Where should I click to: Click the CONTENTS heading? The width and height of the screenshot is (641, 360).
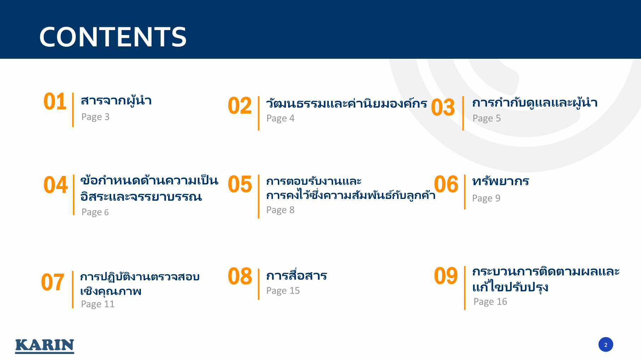113,37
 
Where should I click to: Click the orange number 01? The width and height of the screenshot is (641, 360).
55,102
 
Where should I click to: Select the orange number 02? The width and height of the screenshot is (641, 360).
240,105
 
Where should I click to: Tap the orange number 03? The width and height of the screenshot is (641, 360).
443,107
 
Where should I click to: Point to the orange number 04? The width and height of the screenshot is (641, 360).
56,185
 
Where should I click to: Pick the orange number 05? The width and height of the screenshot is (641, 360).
240,184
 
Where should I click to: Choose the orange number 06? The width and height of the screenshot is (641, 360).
446,184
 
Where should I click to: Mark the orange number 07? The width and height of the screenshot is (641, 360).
53,282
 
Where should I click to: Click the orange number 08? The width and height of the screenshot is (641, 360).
240,276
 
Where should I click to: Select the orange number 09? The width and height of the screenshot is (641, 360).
446,276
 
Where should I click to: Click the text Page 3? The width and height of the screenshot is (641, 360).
95,117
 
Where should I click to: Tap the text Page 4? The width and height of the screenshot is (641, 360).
280,119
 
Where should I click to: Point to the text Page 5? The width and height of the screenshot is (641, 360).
487,119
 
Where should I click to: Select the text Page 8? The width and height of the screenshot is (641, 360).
280,210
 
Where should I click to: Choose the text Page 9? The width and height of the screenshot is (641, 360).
486,199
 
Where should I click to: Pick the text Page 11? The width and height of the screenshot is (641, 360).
98,304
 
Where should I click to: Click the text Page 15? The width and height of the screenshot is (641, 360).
283,291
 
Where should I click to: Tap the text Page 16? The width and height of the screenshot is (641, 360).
490,302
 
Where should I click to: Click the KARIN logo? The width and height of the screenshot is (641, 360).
45,346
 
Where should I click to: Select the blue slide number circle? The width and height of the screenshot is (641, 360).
606,344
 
